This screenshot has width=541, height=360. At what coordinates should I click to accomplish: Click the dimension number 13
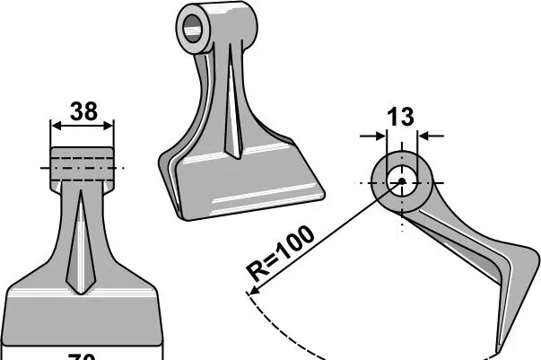401,116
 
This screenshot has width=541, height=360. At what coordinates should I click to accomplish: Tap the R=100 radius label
281,254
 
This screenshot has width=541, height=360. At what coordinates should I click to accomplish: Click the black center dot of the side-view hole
402,181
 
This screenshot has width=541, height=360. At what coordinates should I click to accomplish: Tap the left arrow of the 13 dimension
380,136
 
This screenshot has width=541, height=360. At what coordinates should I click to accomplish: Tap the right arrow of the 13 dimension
423,136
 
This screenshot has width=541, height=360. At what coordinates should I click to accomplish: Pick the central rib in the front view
83,242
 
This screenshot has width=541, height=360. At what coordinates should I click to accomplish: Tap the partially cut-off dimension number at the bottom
83,356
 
